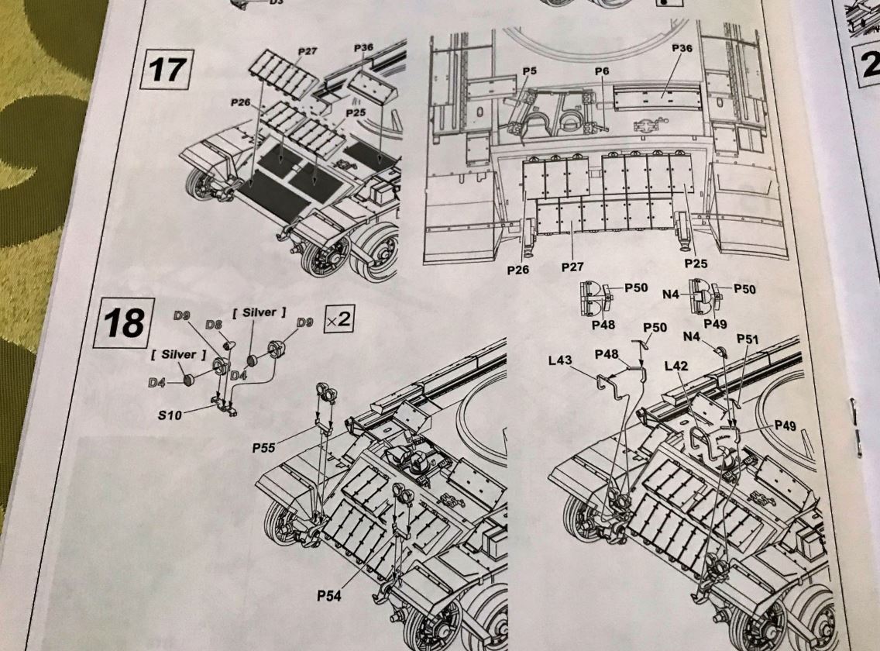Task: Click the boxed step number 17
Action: pyautogui.click(x=166, y=69)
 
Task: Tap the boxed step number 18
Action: pyautogui.click(x=123, y=322)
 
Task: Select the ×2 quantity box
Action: pyautogui.click(x=339, y=319)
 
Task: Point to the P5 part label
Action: pyautogui.click(x=530, y=71)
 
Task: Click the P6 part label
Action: pyautogui.click(x=603, y=71)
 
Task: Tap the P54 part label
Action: pyautogui.click(x=331, y=595)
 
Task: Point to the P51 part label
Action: pyautogui.click(x=748, y=339)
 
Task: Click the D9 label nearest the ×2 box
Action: pyautogui.click(x=304, y=321)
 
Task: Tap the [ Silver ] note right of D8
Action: pyautogui.click(x=260, y=312)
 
